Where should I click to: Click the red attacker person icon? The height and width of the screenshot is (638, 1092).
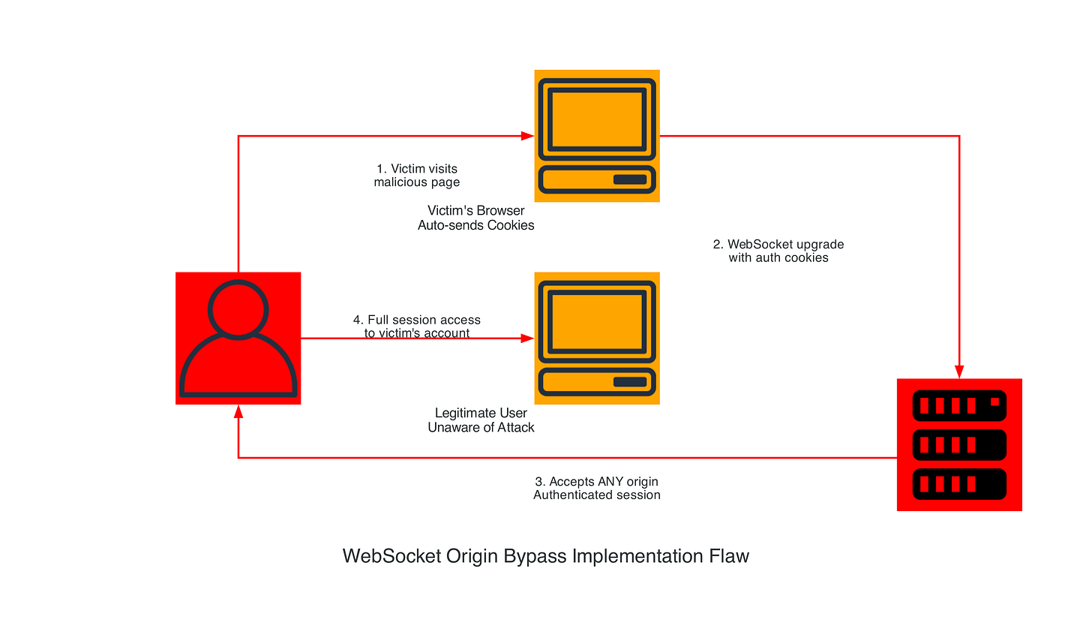click(238, 339)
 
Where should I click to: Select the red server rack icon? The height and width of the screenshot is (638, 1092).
click(959, 444)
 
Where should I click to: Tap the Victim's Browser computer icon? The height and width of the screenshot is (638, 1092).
click(597, 136)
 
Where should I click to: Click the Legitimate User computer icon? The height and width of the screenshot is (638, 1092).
click(597, 339)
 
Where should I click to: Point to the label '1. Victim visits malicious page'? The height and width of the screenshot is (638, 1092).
click(417, 176)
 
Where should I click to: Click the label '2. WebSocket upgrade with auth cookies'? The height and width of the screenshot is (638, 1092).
click(778, 251)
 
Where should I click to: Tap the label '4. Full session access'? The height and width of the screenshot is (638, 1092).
click(417, 321)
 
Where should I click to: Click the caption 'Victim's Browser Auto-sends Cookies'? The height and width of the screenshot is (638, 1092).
click(476, 218)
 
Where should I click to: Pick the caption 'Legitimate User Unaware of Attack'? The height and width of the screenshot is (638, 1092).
click(481, 420)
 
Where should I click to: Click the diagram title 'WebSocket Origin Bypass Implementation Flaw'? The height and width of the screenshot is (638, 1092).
click(546, 556)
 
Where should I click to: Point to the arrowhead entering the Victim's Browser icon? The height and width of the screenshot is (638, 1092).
click(527, 136)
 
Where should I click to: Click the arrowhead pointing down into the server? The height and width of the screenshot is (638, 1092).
click(959, 372)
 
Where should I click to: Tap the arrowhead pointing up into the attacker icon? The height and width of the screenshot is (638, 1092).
click(238, 411)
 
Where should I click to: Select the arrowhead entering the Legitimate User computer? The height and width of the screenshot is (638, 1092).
click(527, 339)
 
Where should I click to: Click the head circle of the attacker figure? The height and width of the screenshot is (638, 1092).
click(238, 308)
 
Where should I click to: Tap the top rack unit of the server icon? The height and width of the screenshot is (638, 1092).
click(959, 406)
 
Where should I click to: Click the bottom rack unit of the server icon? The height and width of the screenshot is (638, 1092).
click(959, 484)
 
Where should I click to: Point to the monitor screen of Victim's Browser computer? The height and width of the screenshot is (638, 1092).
click(597, 119)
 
